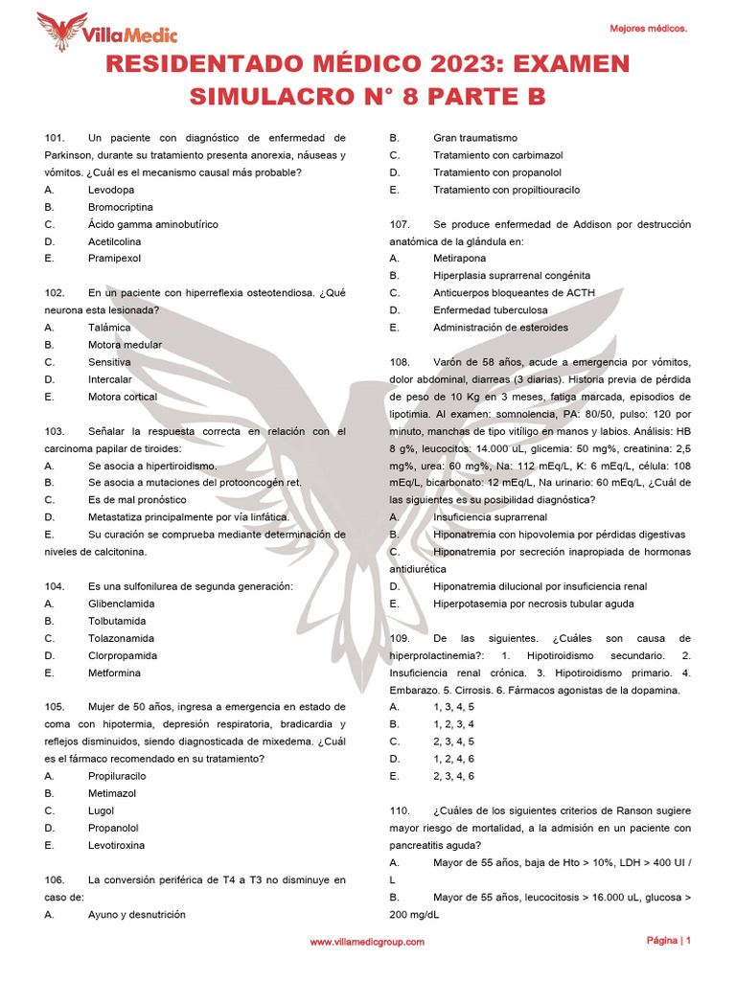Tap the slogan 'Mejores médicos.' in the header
tap(648, 30)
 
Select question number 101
tap(55, 138)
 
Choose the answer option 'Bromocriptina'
tap(120, 207)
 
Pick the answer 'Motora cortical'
tap(124, 397)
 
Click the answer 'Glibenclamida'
tap(121, 604)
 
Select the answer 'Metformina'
tap(115, 673)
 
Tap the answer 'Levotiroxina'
tap(117, 845)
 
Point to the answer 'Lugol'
tap(101, 810)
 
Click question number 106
tap(55, 879)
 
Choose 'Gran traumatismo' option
tap(474, 138)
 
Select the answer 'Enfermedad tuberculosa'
tap(490, 310)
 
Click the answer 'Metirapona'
tap(459, 259)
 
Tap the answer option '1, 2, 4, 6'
tap(453, 759)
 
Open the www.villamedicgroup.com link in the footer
tap(367, 943)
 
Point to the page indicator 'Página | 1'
tap(668, 941)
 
